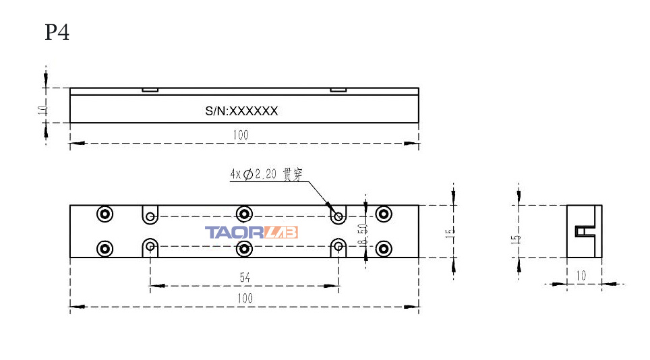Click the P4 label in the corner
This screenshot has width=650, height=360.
(57, 32)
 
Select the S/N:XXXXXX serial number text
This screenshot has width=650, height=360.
(241, 111)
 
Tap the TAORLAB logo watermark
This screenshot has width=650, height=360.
(251, 233)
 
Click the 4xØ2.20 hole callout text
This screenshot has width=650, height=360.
(266, 174)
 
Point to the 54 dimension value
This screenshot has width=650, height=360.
(245, 277)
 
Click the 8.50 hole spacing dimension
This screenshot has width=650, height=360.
(363, 233)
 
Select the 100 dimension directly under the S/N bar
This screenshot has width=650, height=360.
(241, 135)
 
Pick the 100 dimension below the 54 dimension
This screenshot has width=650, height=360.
(244, 298)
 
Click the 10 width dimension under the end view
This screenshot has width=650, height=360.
(581, 276)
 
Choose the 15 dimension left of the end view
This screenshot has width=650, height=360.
(516, 237)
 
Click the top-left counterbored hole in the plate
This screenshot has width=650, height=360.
(105, 214)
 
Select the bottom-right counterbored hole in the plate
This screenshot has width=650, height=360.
(384, 248)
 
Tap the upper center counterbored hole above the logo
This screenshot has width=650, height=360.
(244, 214)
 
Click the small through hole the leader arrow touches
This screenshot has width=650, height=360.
(338, 216)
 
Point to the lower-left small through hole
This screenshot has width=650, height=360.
(150, 247)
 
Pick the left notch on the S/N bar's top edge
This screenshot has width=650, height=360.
(150, 90)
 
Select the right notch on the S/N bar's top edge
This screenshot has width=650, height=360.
(338, 90)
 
